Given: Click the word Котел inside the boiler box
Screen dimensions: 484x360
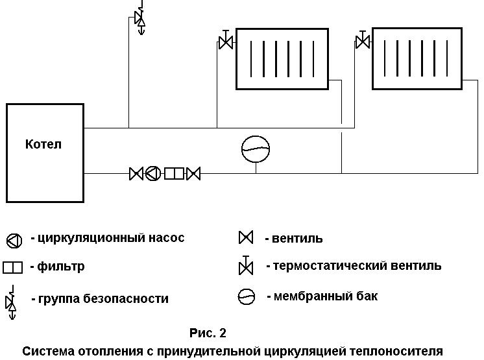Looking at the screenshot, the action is [43, 144].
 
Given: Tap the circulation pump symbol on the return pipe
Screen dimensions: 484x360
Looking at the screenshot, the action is [153, 173].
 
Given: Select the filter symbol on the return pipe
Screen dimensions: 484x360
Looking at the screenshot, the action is [174, 173].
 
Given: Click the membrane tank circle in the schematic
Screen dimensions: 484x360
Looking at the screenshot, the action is [256, 149].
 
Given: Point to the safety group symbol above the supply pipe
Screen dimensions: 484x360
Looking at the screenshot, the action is [140, 19].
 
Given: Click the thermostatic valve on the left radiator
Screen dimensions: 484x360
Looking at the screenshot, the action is [226, 40].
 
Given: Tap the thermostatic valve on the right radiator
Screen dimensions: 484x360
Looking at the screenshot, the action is [363, 40].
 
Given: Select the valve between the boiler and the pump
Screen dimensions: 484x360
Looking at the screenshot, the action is [136, 174].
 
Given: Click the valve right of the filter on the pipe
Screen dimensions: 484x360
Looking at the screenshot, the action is [193, 174].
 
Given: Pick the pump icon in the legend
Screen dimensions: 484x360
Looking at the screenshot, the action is [14, 241].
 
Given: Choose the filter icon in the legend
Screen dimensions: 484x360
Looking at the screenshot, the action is [13, 267].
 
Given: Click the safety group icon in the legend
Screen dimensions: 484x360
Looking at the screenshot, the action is [11, 302].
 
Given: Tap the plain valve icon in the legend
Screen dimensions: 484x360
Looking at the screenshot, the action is [246, 237].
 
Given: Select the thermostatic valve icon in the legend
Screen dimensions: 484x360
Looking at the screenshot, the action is [246, 265].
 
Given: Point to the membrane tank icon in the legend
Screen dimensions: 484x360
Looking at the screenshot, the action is [247, 297].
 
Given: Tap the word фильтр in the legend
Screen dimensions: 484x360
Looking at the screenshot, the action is [61, 266].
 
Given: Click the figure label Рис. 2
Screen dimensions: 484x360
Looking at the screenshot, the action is [208, 333].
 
